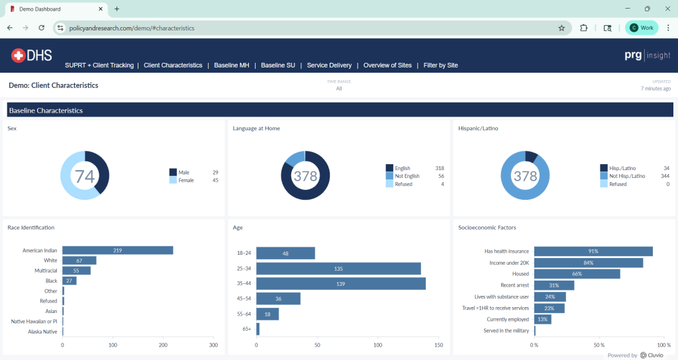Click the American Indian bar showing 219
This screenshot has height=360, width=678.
[117, 250]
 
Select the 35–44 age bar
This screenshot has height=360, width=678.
[340, 283]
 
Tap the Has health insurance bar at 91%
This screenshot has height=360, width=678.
[593, 251]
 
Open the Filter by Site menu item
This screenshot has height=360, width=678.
[440, 66]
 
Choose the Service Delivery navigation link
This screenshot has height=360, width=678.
[329, 66]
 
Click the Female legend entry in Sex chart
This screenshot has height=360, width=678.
[186, 180]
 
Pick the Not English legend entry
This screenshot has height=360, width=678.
[407, 176]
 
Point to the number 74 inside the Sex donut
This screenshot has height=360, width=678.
[85, 176]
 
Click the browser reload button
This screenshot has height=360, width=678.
[42, 28]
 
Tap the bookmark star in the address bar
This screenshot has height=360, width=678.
[561, 28]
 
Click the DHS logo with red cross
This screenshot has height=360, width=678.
[32, 56]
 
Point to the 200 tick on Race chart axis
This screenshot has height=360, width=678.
[163, 345]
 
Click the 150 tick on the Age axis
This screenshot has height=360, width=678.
[438, 345]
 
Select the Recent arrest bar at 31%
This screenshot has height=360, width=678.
[554, 285]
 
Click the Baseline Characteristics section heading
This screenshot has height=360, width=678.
[46, 111]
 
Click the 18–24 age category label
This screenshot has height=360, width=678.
[244, 253]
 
